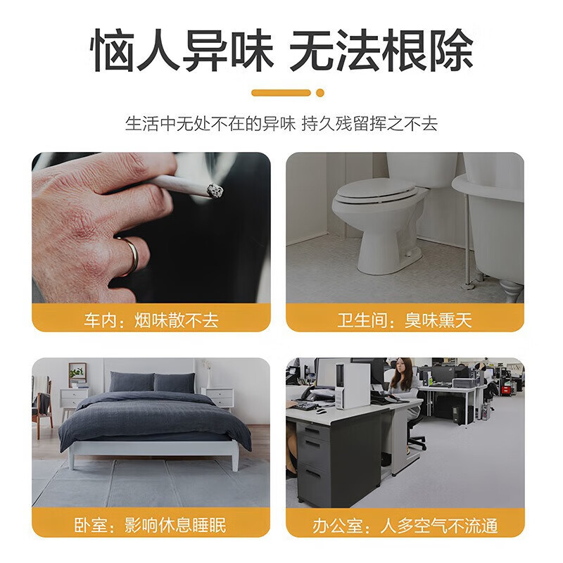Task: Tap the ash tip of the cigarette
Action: tap(215, 190)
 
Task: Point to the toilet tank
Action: tap(422, 169)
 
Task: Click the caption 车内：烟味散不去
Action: tap(151, 321)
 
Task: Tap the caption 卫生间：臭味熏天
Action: tap(405, 321)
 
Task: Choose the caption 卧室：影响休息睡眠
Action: tap(151, 525)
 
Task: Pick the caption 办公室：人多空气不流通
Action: tap(405, 525)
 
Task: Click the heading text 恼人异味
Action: tap(182, 51)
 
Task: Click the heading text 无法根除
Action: tap(381, 51)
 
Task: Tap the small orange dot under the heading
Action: tap(320, 93)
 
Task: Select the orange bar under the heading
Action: tap(281, 93)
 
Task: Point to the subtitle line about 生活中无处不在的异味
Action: tap(281, 124)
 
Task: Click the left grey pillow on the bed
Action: tap(132, 382)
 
